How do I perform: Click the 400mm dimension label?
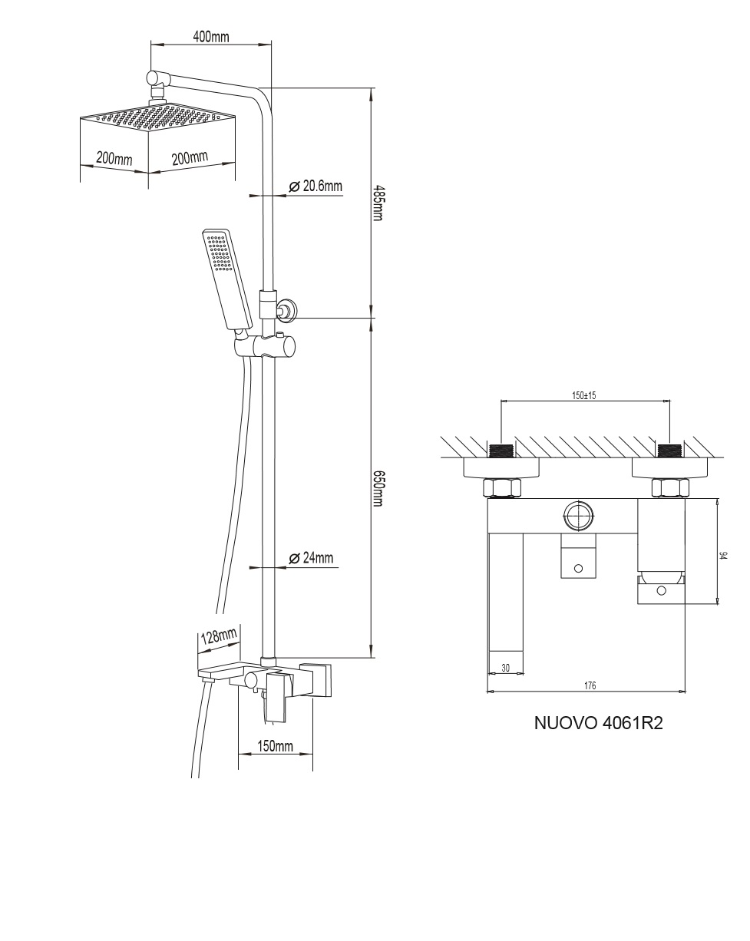click(211, 37)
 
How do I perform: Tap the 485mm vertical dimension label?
click(377, 203)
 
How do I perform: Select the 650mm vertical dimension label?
click(377, 489)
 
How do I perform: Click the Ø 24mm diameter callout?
click(311, 558)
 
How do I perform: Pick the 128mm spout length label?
click(219, 636)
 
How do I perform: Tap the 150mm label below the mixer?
click(274, 746)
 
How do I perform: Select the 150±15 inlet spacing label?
click(584, 395)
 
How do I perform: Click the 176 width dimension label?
click(590, 685)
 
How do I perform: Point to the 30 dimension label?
click(505, 668)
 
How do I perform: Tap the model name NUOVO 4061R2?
click(598, 723)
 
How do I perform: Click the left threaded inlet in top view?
click(501, 450)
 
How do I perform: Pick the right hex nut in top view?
click(670, 487)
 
